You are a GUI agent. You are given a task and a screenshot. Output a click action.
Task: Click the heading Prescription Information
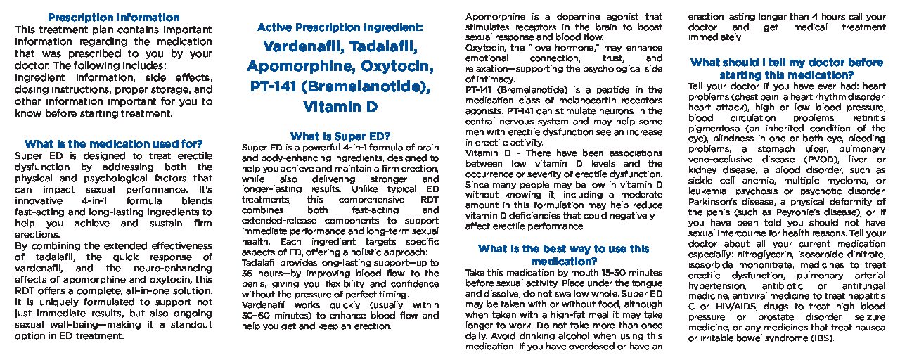[112, 18]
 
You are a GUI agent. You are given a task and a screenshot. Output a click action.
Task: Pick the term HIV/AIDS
[733, 306]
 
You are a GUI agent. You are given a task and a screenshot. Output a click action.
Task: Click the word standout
[188, 324]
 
